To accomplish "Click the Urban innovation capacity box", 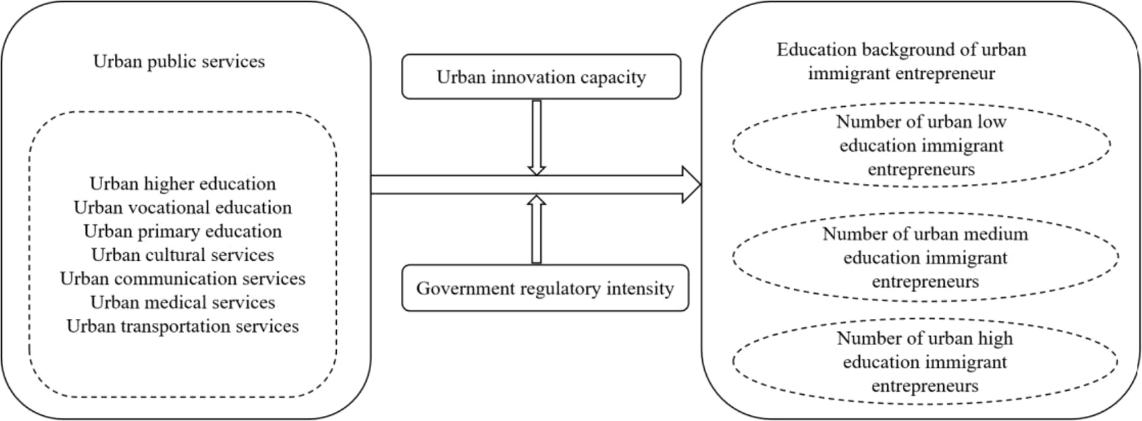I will pyautogui.click(x=541, y=77).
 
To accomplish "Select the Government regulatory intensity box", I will pyautogui.click(x=545, y=288).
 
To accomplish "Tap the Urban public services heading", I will pyautogui.click(x=179, y=62).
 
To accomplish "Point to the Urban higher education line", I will pyautogui.click(x=183, y=184).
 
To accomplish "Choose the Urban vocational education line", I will pyautogui.click(x=183, y=208).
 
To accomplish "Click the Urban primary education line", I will pyautogui.click(x=183, y=231).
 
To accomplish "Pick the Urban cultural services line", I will pyautogui.click(x=183, y=255).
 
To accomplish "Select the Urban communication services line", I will pyautogui.click(x=183, y=278).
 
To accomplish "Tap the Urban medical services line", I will pyautogui.click(x=183, y=302).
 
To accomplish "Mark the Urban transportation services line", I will pyautogui.click(x=183, y=326).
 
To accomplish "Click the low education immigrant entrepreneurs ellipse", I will pyautogui.click(x=921, y=145).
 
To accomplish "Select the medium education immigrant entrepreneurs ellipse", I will pyautogui.click(x=925, y=258).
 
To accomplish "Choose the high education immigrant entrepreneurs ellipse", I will pyautogui.click(x=925, y=362).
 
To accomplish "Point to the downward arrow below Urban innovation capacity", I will pyautogui.click(x=536, y=137).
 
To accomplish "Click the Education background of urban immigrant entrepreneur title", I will pyautogui.click(x=901, y=61).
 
